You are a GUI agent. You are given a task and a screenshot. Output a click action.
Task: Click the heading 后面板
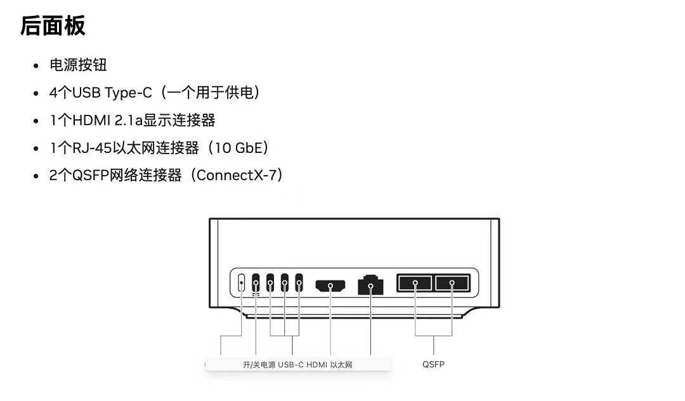coord(53,27)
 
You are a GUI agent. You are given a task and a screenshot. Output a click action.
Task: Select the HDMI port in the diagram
coord(330,286)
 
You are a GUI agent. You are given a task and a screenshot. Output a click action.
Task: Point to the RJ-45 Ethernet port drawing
coord(370,285)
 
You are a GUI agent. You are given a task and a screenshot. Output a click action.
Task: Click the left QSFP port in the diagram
coord(415,282)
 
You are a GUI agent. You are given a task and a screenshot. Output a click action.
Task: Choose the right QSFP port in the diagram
coord(452,282)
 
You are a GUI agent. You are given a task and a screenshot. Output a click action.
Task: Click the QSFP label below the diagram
coord(433,364)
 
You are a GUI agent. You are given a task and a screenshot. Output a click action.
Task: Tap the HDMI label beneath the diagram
coord(316,365)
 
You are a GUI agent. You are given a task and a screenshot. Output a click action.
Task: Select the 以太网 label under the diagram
coord(341,365)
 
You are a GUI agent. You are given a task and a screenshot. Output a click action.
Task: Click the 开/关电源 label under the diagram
coord(259,365)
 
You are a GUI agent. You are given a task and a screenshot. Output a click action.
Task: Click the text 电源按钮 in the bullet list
coord(79,65)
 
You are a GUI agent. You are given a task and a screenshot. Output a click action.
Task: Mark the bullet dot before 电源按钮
coord(36,65)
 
